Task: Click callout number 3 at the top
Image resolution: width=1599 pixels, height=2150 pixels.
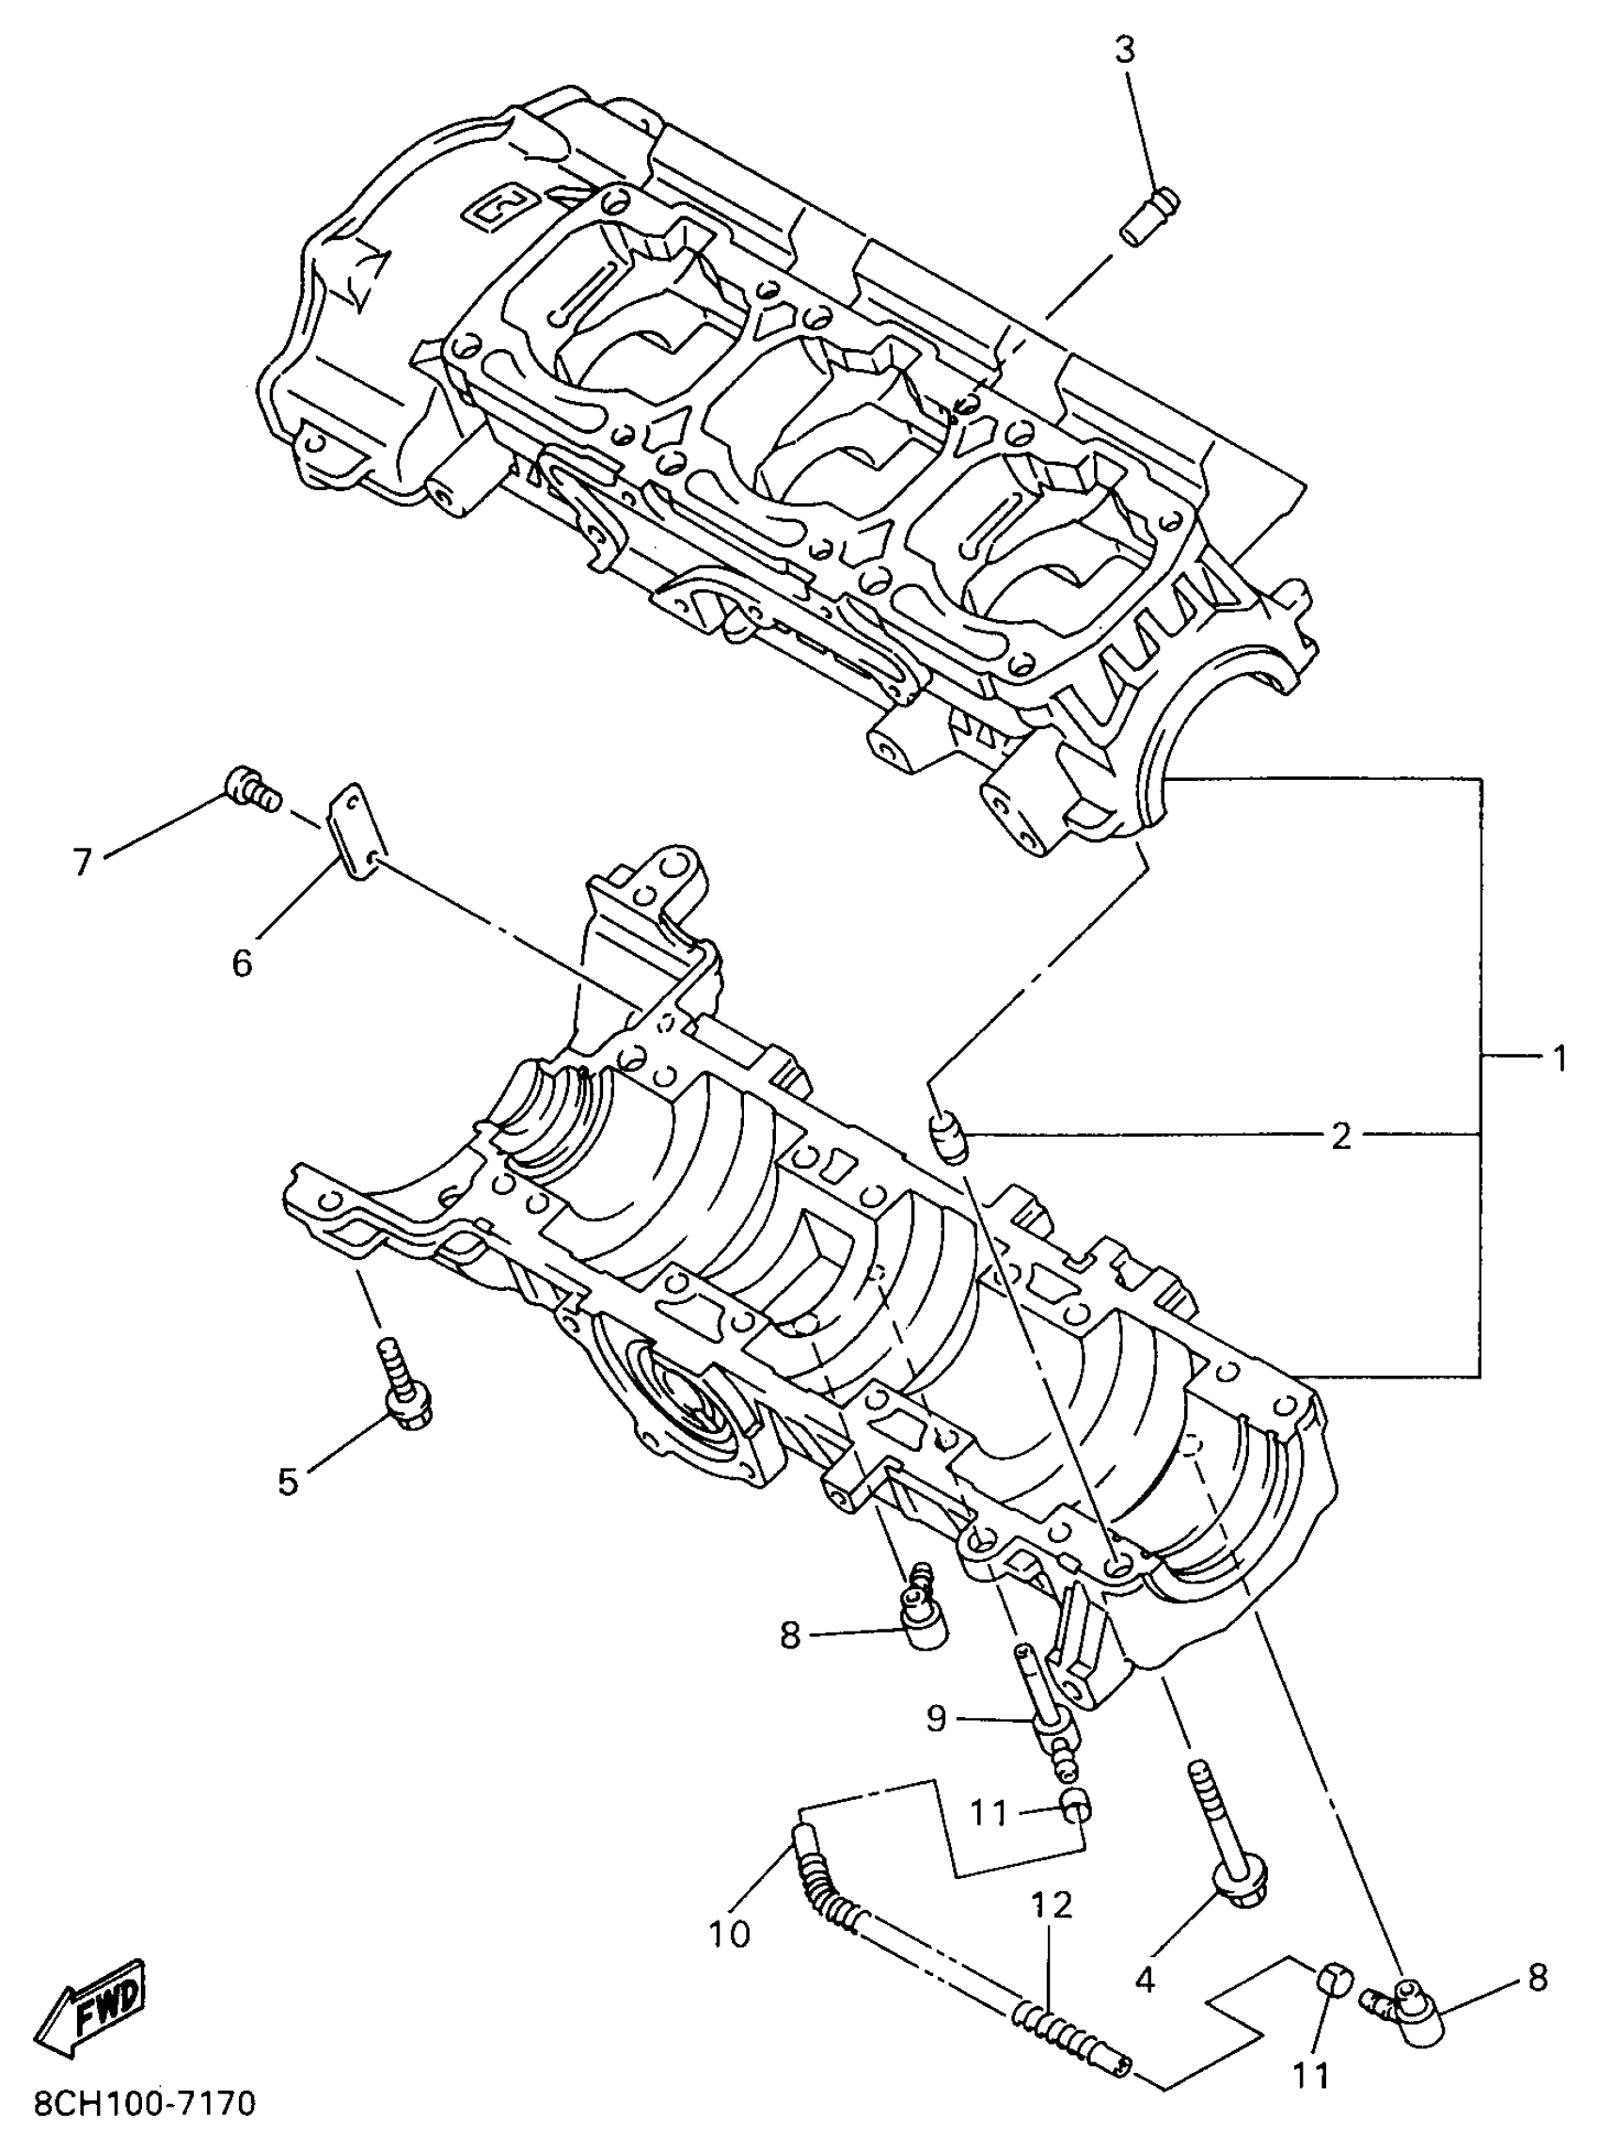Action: (x=1124, y=50)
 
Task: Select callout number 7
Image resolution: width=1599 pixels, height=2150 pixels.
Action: (x=82, y=861)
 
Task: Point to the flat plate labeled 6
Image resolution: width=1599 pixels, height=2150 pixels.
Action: (x=354, y=831)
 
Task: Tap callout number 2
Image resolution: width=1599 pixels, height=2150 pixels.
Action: (x=1340, y=1136)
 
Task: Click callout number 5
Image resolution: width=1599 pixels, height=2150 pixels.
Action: (x=289, y=1482)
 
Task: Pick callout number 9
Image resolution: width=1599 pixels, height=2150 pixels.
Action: (x=936, y=1719)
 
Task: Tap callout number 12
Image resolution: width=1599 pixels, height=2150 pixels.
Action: (x=1053, y=1905)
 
